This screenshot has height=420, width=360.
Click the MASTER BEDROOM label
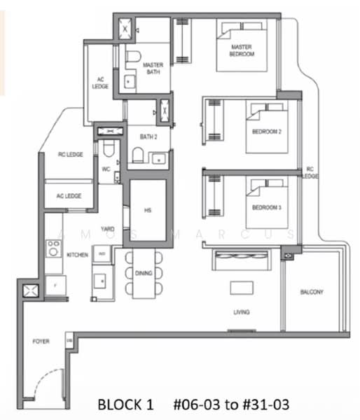click(x=242, y=50)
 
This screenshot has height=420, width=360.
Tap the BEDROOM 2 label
click(x=266, y=132)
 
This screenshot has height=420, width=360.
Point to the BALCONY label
click(x=312, y=292)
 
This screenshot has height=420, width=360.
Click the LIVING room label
click(x=242, y=312)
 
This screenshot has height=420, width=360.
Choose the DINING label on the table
click(x=144, y=272)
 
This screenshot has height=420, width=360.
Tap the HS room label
click(x=148, y=209)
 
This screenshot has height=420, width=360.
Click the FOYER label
click(x=41, y=342)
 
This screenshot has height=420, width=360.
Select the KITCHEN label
click(x=77, y=255)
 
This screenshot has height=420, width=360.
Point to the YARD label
click(x=108, y=229)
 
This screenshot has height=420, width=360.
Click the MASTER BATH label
click(x=153, y=69)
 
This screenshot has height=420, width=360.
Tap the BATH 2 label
click(x=148, y=136)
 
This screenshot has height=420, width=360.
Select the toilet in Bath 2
click(x=138, y=155)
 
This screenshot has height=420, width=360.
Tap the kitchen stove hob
click(x=53, y=248)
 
